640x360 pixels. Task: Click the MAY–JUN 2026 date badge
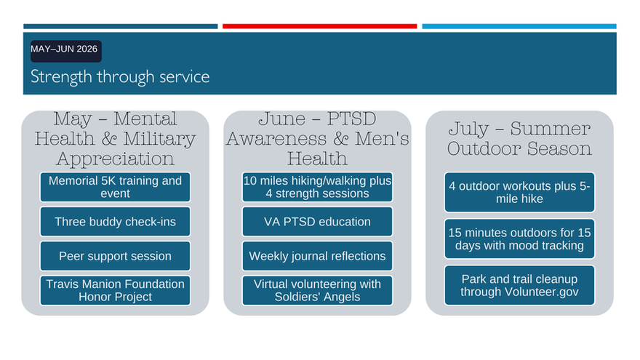click(66, 51)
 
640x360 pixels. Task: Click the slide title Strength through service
click(120, 77)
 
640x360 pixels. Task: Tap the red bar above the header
click(319, 26)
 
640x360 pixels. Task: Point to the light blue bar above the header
click(519, 26)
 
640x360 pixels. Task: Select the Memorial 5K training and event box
click(115, 187)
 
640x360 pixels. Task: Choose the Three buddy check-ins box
click(115, 222)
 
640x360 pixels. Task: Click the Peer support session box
click(115, 256)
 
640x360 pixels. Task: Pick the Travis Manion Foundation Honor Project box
click(115, 290)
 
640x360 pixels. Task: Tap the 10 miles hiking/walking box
click(317, 187)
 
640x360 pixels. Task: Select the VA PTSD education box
click(317, 222)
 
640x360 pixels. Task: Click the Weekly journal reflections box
click(317, 256)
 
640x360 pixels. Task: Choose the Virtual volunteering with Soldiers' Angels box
click(317, 290)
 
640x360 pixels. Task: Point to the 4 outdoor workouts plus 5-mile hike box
click(519, 192)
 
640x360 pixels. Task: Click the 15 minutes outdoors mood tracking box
click(519, 239)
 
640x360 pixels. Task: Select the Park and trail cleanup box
click(519, 285)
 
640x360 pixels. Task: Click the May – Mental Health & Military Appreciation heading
click(115, 139)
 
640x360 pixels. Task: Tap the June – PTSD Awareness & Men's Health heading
click(317, 139)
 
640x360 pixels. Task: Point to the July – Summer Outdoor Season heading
click(519, 139)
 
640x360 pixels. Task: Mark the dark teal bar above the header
click(121, 26)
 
